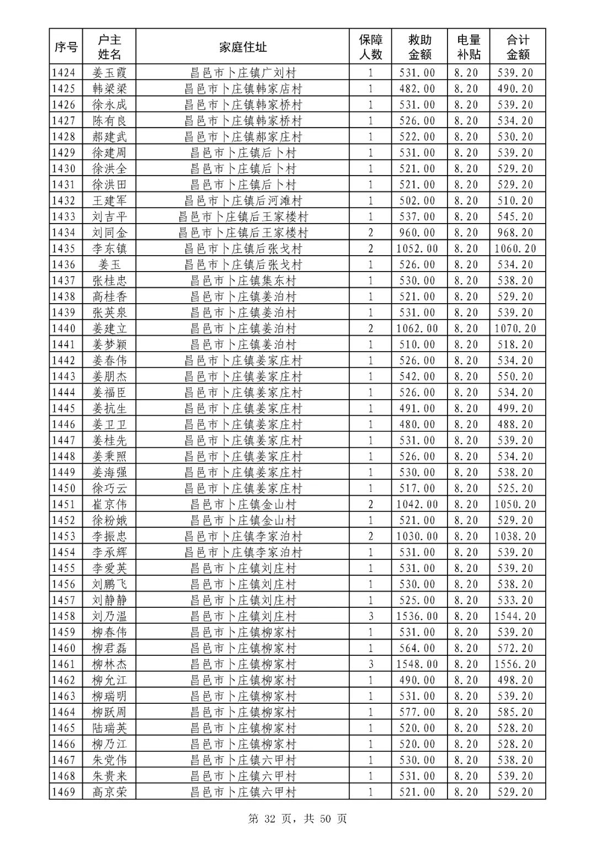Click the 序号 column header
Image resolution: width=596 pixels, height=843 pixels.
click(x=66, y=47)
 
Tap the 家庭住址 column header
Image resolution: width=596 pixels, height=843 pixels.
click(x=243, y=47)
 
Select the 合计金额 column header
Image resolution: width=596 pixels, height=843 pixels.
click(x=518, y=47)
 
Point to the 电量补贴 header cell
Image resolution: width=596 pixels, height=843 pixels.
click(x=469, y=47)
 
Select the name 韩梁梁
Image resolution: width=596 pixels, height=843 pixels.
click(x=109, y=88)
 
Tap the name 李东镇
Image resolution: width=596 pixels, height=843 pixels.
click(x=109, y=248)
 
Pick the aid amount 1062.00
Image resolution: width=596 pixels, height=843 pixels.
click(x=417, y=328)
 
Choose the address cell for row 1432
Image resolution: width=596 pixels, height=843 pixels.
click(x=243, y=200)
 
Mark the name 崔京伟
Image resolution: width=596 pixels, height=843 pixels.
click(x=109, y=504)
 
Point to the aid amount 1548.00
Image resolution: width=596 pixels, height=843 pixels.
click(x=417, y=664)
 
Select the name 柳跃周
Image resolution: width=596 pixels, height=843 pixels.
click(x=109, y=712)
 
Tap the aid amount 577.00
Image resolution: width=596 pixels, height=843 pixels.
click(x=417, y=712)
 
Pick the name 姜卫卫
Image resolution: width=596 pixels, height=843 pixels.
click(x=109, y=425)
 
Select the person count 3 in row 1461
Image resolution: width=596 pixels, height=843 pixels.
click(x=371, y=664)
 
